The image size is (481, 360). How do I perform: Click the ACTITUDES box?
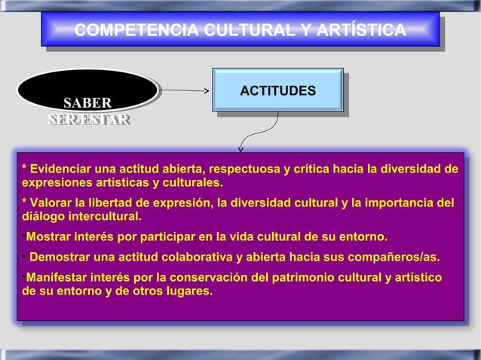277,91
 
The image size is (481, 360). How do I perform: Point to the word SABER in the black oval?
87,102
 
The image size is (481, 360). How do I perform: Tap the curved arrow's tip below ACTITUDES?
241,148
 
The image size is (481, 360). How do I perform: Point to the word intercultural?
104,218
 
